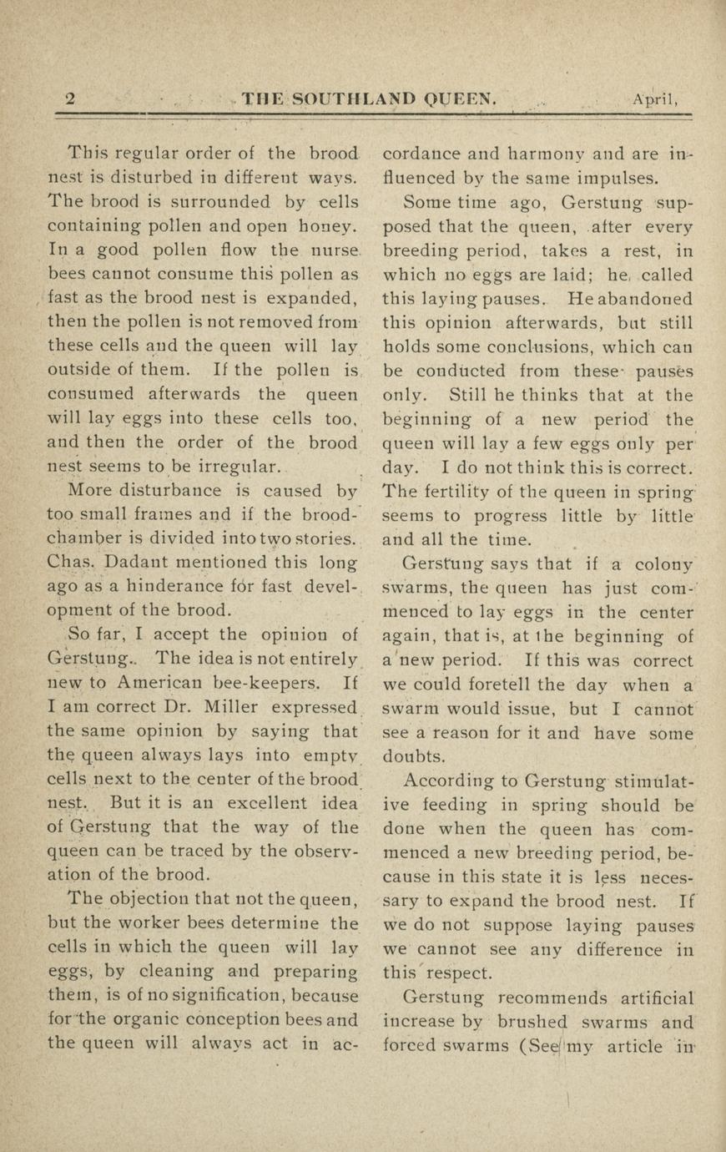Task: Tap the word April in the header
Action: pos(654,99)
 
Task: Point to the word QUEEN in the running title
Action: pos(462,99)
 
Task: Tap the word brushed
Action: pos(534,1023)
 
